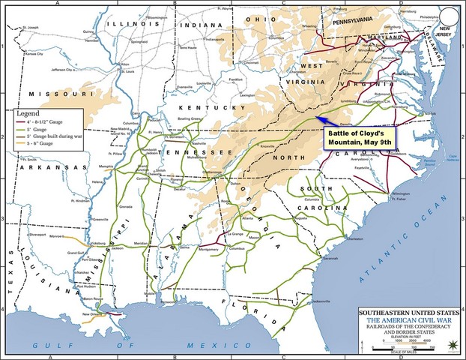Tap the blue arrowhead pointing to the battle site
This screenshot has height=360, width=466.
pos(318,117)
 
